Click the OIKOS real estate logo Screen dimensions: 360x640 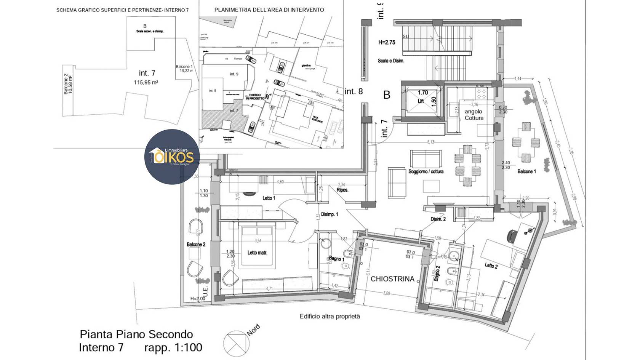coord(172,157)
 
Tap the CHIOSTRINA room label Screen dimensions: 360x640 coord(392,279)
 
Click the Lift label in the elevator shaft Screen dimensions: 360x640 coord(421,101)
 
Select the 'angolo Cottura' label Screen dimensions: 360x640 coord(474,115)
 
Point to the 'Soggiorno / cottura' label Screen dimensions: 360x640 coord(426,172)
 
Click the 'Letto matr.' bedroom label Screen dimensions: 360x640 coord(257,253)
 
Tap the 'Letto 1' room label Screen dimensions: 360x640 coord(269,198)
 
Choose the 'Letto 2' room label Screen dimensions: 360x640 coord(491,266)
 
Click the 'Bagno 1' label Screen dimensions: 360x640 coord(336,259)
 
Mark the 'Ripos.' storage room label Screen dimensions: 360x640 coord(342,190)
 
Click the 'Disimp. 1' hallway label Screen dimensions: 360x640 coord(329,214)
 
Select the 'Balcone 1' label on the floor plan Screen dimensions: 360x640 coord(526,172)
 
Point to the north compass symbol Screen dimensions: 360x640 coord(235,343)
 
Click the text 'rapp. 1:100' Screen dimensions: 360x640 coord(173,347)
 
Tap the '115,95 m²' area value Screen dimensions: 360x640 coord(146,82)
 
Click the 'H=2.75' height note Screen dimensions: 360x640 coord(387,42)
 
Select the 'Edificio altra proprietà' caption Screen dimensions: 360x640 coord(330,316)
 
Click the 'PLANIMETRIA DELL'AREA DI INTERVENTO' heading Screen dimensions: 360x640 coord(269,10)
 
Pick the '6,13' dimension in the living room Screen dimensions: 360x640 coord(430,142)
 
